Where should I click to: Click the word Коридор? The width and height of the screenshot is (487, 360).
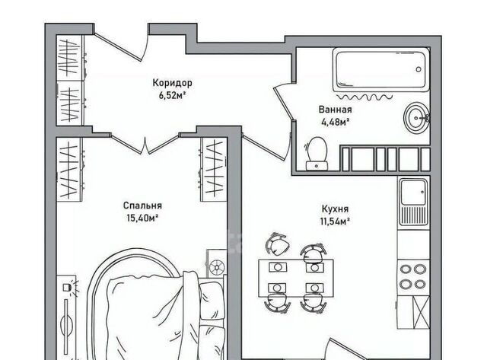173,83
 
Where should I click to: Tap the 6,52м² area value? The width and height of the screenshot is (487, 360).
173,95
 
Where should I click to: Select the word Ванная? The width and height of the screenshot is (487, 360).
335,110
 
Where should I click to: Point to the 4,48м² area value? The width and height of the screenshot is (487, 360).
335,122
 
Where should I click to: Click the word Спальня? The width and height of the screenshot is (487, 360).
142,205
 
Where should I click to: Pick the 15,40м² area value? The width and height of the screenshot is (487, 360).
142,218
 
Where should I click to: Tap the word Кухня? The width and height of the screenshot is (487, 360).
335,209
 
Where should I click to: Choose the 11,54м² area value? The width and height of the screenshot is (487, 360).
335,221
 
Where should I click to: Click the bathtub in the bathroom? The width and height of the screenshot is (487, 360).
381,69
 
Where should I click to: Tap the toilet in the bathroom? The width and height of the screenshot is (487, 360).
317,154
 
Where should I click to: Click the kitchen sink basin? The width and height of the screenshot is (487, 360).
413,193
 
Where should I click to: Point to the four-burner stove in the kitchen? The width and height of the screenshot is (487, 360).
413,277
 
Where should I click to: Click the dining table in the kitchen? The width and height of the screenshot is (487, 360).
296,278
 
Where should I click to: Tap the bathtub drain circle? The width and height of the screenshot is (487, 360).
419,69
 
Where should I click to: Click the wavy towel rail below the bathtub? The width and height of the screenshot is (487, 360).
364,97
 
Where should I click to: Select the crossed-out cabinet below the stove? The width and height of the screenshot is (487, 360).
421,312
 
